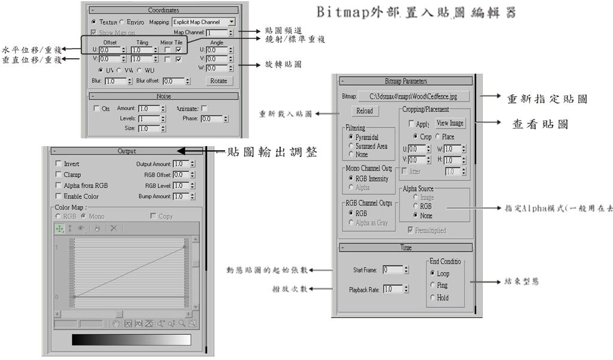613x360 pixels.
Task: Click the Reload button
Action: tap(364, 111)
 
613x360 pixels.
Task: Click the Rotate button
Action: tap(219, 81)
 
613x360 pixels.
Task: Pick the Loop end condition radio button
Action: tap(433, 273)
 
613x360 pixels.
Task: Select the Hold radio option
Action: tap(433, 298)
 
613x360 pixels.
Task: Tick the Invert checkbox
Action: tap(58, 164)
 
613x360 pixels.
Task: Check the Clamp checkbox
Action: tap(58, 174)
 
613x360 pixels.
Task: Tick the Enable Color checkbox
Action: tap(58, 196)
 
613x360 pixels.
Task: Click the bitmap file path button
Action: tap(414, 96)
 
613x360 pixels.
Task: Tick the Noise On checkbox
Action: tap(97, 108)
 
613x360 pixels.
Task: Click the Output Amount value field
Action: tap(180, 164)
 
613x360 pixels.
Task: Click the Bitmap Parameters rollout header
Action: tap(406, 81)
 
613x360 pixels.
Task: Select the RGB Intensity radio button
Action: tap(350, 179)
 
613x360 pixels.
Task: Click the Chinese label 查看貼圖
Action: tap(540, 124)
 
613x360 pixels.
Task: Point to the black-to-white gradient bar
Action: tap(131, 340)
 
